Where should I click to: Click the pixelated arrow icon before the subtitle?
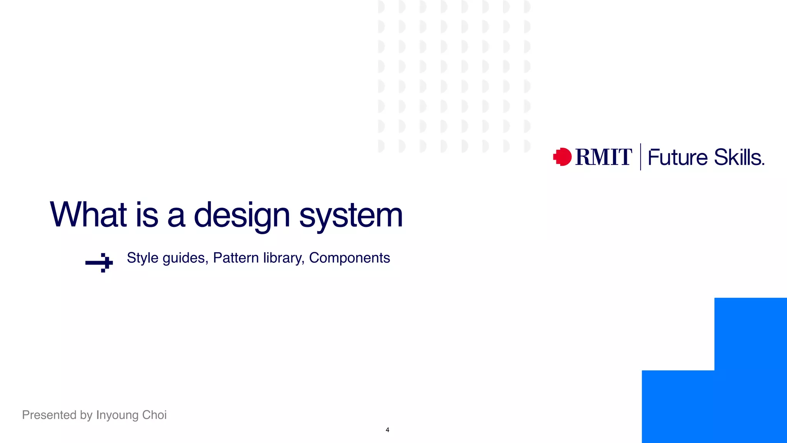point(99,263)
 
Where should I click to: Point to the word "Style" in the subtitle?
point(143,258)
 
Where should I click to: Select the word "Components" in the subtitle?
point(349,258)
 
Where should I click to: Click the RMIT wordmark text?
point(603,157)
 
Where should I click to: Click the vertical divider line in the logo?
point(641,157)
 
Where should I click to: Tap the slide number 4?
point(387,430)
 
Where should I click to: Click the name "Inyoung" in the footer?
point(117,415)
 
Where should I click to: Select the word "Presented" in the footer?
point(49,415)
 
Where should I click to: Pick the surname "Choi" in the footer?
point(154,415)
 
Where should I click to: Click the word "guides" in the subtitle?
point(185,258)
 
